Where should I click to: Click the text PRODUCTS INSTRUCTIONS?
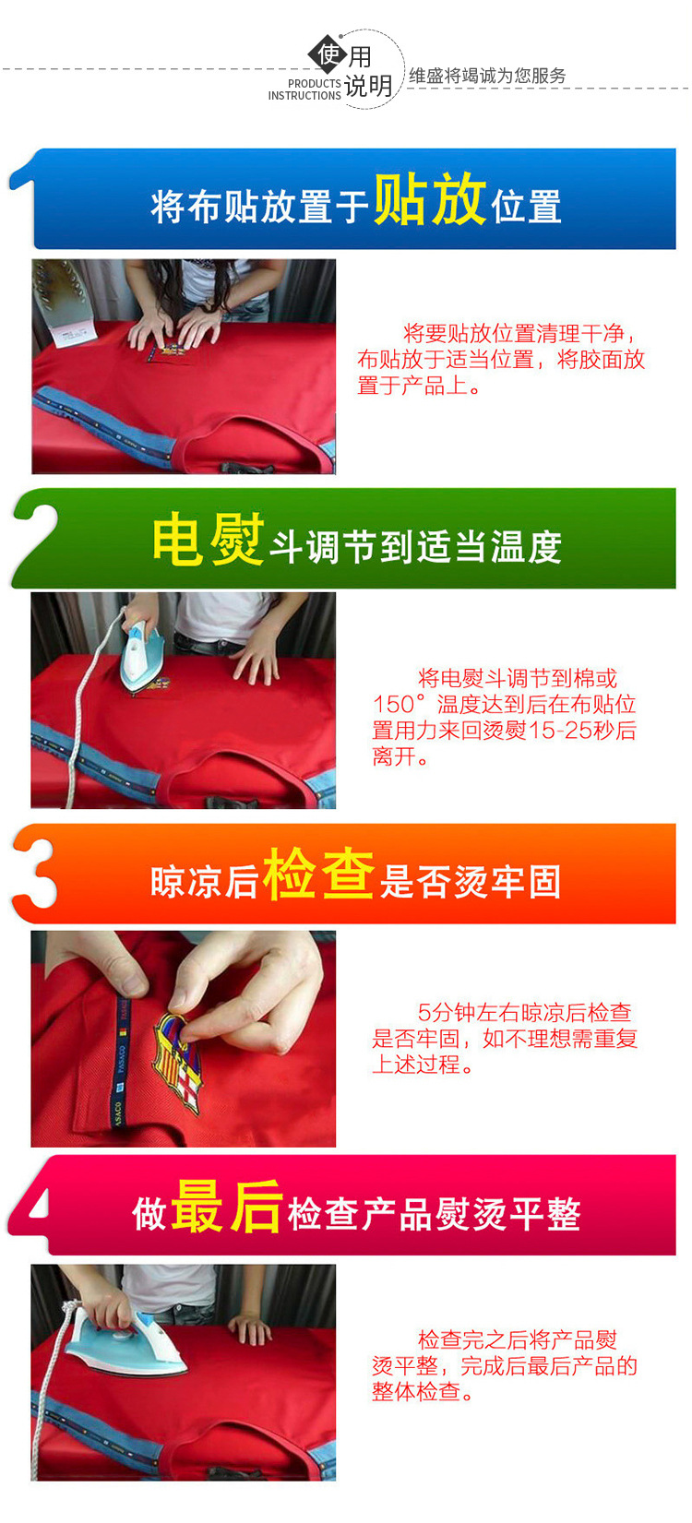pos(304,89)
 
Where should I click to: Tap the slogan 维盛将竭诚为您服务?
pos(487,76)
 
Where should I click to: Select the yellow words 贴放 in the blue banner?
pos(430,198)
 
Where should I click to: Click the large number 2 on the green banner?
pos(35,538)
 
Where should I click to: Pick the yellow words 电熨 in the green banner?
pos(209,539)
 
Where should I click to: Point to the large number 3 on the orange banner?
pos(35,874)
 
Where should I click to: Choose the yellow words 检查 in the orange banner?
pos(319,874)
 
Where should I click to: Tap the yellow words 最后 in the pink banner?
pos(227,1207)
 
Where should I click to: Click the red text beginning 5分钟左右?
pos(505,1038)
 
